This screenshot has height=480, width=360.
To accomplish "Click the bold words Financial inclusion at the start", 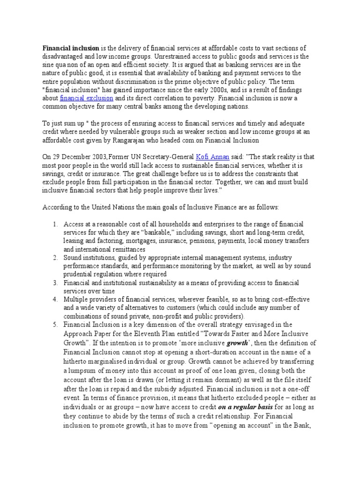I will click(71, 48).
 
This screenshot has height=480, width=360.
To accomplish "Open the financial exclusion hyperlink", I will click(87, 98).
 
